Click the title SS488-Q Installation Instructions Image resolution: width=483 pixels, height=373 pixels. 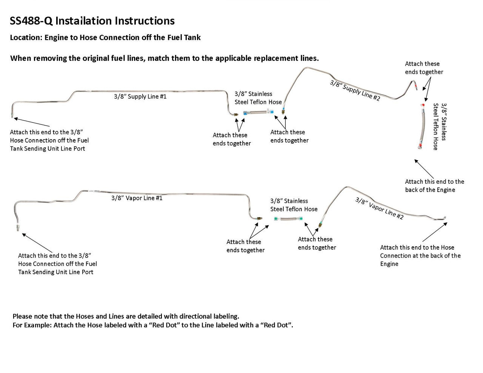(x=92, y=21)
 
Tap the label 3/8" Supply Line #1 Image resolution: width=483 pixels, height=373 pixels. (x=140, y=97)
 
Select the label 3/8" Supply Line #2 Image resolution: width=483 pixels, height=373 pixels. (x=355, y=91)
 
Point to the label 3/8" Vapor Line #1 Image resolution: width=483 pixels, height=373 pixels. (x=137, y=198)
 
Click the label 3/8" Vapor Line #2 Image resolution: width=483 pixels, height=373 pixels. (x=379, y=208)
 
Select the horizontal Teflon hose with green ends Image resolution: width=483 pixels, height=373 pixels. (x=289, y=219)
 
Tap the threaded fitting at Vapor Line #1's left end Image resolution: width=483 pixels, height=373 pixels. (x=18, y=227)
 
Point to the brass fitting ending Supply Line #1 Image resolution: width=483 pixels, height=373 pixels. (x=235, y=114)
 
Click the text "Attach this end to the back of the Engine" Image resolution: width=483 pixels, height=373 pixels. (x=434, y=186)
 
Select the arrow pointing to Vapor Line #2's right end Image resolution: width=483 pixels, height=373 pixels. (x=435, y=232)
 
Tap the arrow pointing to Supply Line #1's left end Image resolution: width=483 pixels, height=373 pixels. (x=32, y=122)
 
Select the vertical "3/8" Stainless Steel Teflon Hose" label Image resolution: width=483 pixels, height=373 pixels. (x=440, y=126)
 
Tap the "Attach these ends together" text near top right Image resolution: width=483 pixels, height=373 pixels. (x=424, y=68)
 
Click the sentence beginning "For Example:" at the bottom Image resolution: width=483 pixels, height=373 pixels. (x=153, y=325)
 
